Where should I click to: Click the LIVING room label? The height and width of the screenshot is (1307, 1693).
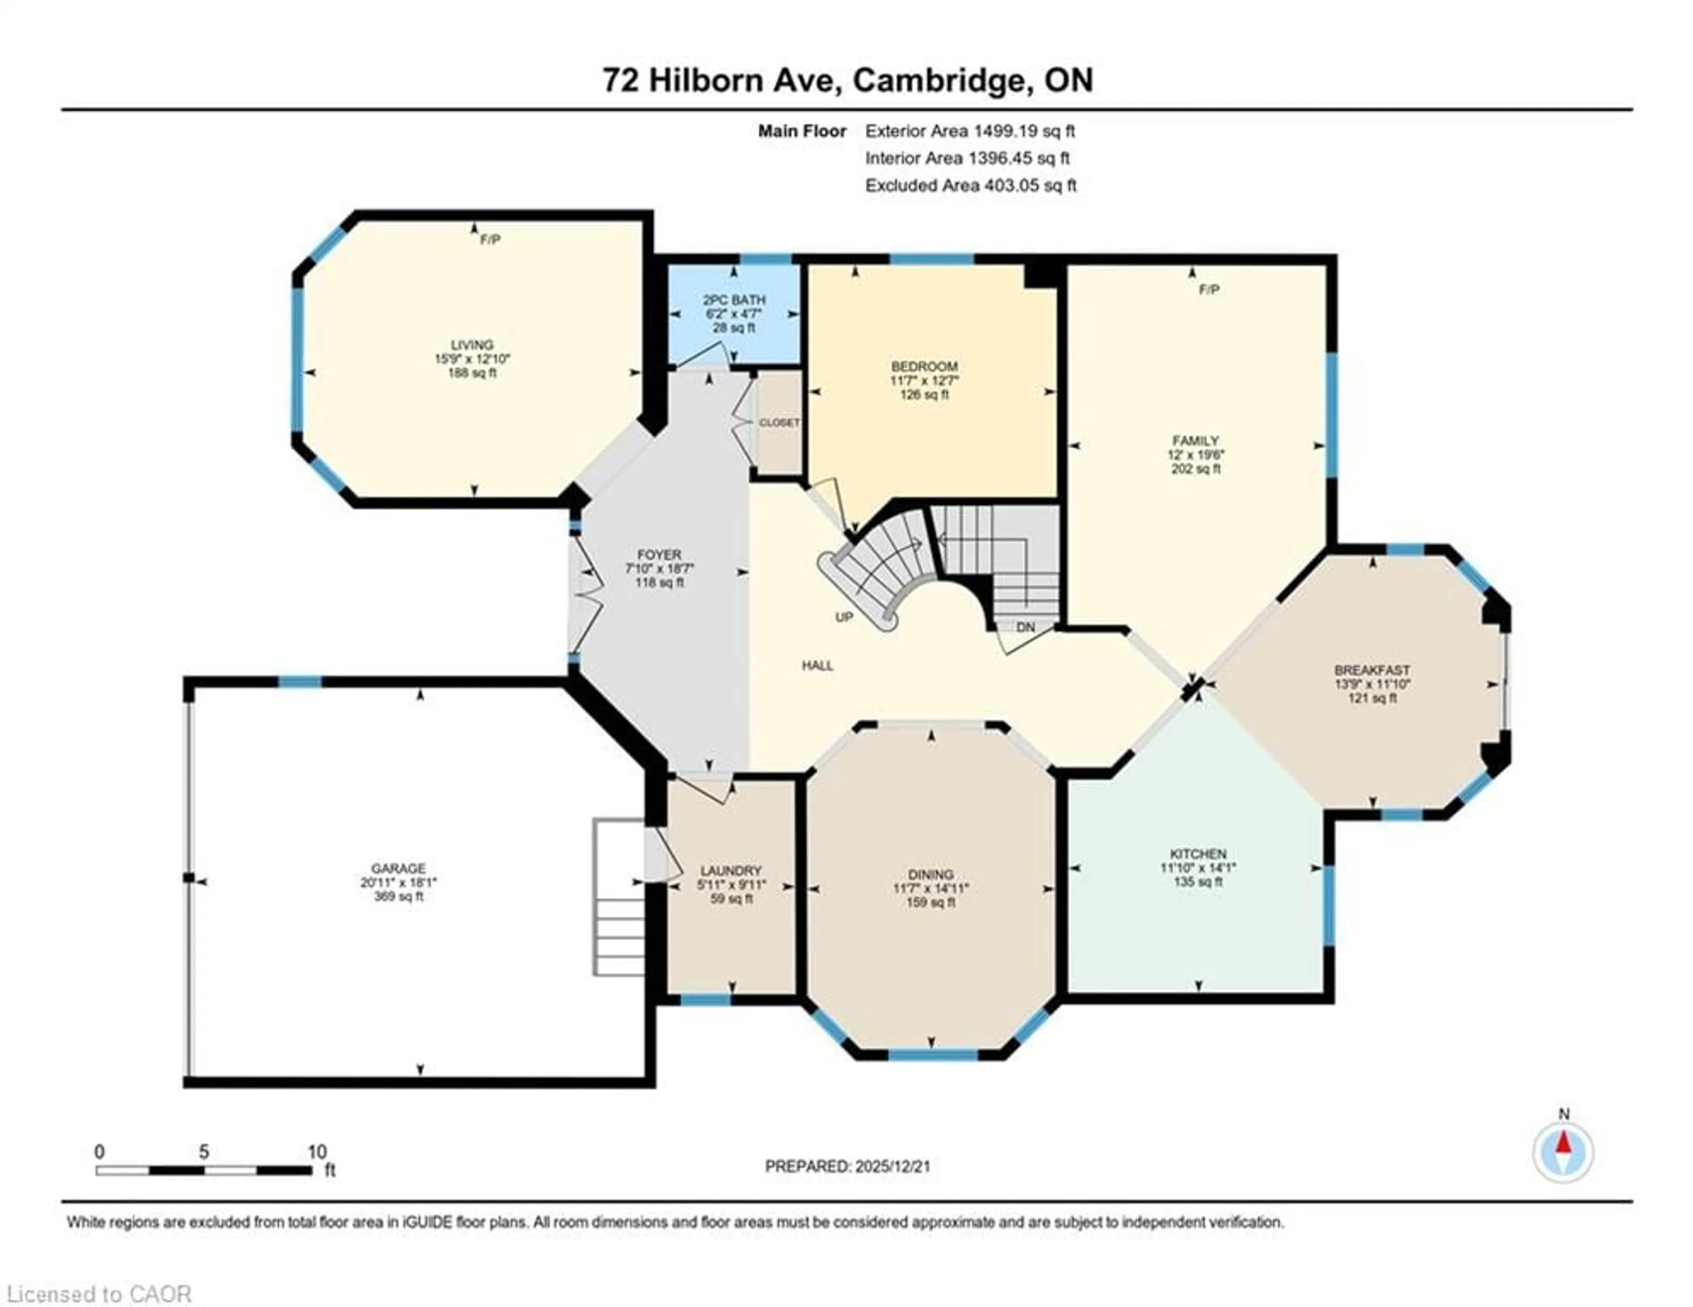[x=472, y=345]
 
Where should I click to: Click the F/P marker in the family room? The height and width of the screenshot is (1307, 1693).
[x=1209, y=290]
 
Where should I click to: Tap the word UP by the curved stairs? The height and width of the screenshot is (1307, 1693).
[x=844, y=617]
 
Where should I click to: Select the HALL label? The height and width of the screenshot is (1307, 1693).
[x=818, y=665]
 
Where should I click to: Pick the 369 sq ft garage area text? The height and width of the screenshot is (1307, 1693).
[x=399, y=896]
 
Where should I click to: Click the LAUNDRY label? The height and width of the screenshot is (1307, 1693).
[x=731, y=870]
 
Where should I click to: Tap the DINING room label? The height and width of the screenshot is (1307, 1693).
[x=931, y=874]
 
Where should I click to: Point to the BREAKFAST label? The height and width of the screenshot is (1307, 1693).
[x=1372, y=670]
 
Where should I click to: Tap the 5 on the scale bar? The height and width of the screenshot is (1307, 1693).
[x=203, y=1151]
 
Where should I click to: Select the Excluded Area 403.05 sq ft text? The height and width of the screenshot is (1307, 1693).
[x=970, y=185]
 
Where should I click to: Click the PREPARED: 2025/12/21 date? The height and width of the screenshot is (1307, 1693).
[x=847, y=1166]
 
